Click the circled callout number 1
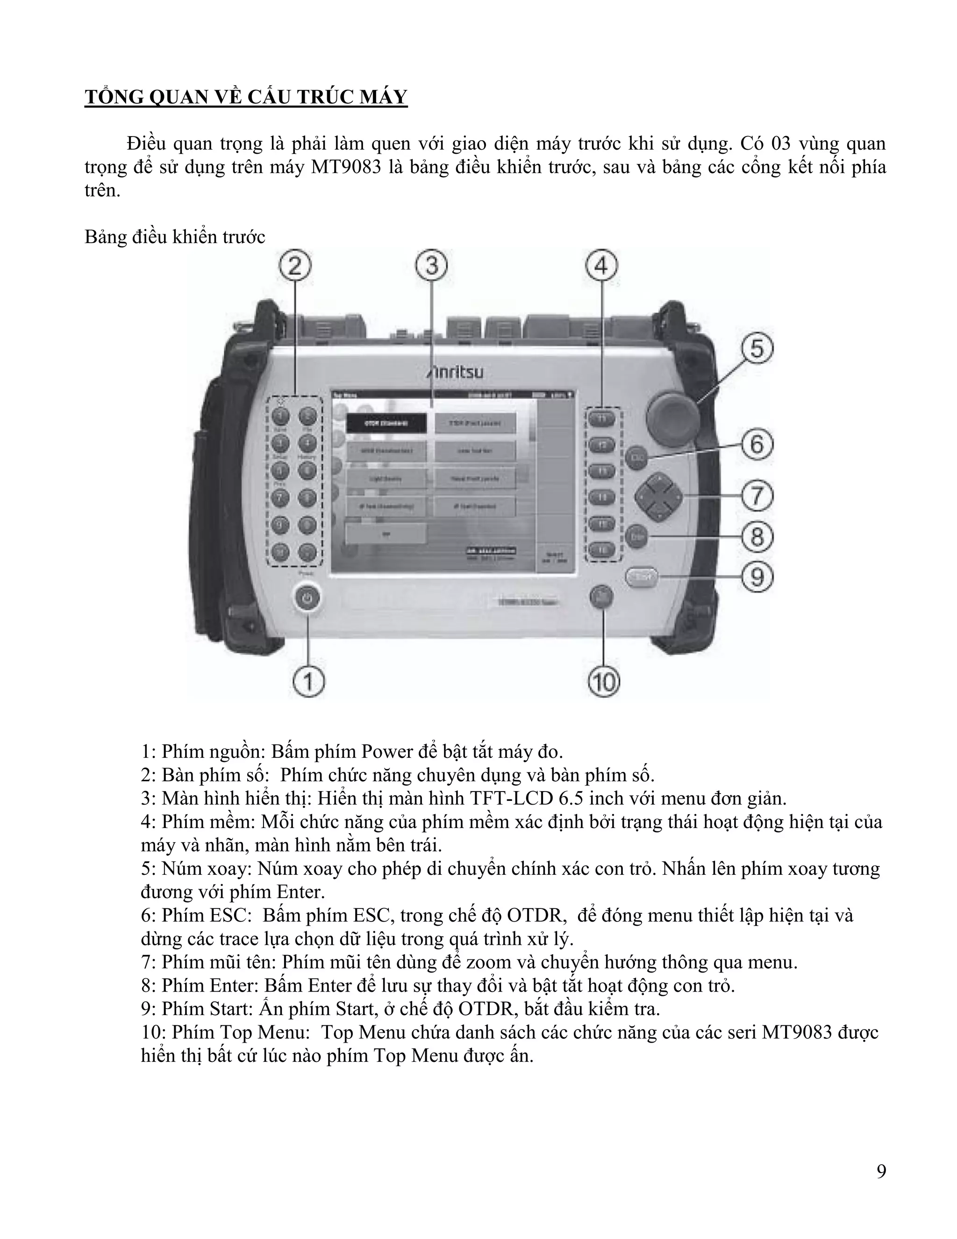309,681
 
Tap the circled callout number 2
295,266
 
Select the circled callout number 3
432,266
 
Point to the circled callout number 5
757,348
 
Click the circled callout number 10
604,681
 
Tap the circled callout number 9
757,577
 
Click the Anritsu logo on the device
455,373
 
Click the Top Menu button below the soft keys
602,598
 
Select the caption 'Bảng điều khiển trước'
175,237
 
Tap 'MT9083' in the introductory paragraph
346,167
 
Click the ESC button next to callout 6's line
636,457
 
